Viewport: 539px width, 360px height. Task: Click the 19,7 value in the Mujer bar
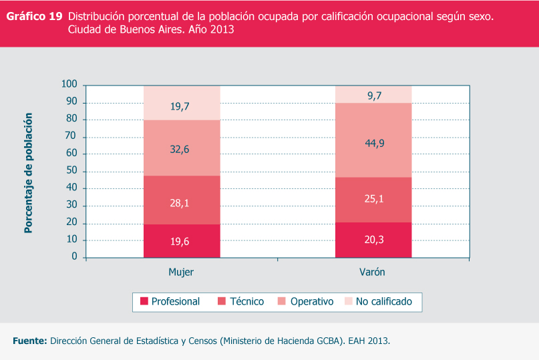pos(182,105)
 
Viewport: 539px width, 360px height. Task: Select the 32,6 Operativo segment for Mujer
pos(182,149)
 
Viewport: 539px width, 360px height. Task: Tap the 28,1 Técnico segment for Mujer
pos(182,202)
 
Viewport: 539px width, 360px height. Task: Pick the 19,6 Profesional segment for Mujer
pos(182,241)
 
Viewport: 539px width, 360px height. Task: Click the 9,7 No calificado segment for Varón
pos(373,96)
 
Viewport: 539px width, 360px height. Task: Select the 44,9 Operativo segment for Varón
pos(373,142)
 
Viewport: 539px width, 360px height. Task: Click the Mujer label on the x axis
pos(181,273)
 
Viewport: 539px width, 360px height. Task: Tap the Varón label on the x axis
pos(372,273)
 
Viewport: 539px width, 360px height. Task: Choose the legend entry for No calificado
pos(377,301)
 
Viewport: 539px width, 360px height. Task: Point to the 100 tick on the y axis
pos(69,85)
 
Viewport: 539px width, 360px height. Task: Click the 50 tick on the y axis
pos(71,171)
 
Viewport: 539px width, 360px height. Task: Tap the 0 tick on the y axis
pos(75,257)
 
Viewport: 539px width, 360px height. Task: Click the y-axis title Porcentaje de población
pos(28,172)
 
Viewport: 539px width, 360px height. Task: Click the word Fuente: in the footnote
pos(30,341)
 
